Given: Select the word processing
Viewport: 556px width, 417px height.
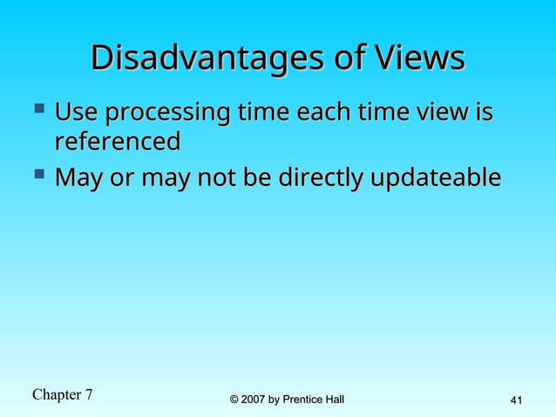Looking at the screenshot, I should (x=166, y=115).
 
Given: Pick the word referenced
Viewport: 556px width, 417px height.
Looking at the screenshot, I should (x=117, y=141).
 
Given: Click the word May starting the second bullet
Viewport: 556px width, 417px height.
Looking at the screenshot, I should (x=77, y=179).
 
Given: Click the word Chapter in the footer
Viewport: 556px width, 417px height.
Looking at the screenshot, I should (x=56, y=395).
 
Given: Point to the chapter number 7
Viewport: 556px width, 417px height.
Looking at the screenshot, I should (x=88, y=394).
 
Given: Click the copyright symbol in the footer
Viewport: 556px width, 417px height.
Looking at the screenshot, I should (x=234, y=400).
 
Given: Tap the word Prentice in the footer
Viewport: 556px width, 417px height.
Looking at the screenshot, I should (x=305, y=400).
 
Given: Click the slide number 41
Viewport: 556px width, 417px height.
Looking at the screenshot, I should (x=515, y=400).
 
